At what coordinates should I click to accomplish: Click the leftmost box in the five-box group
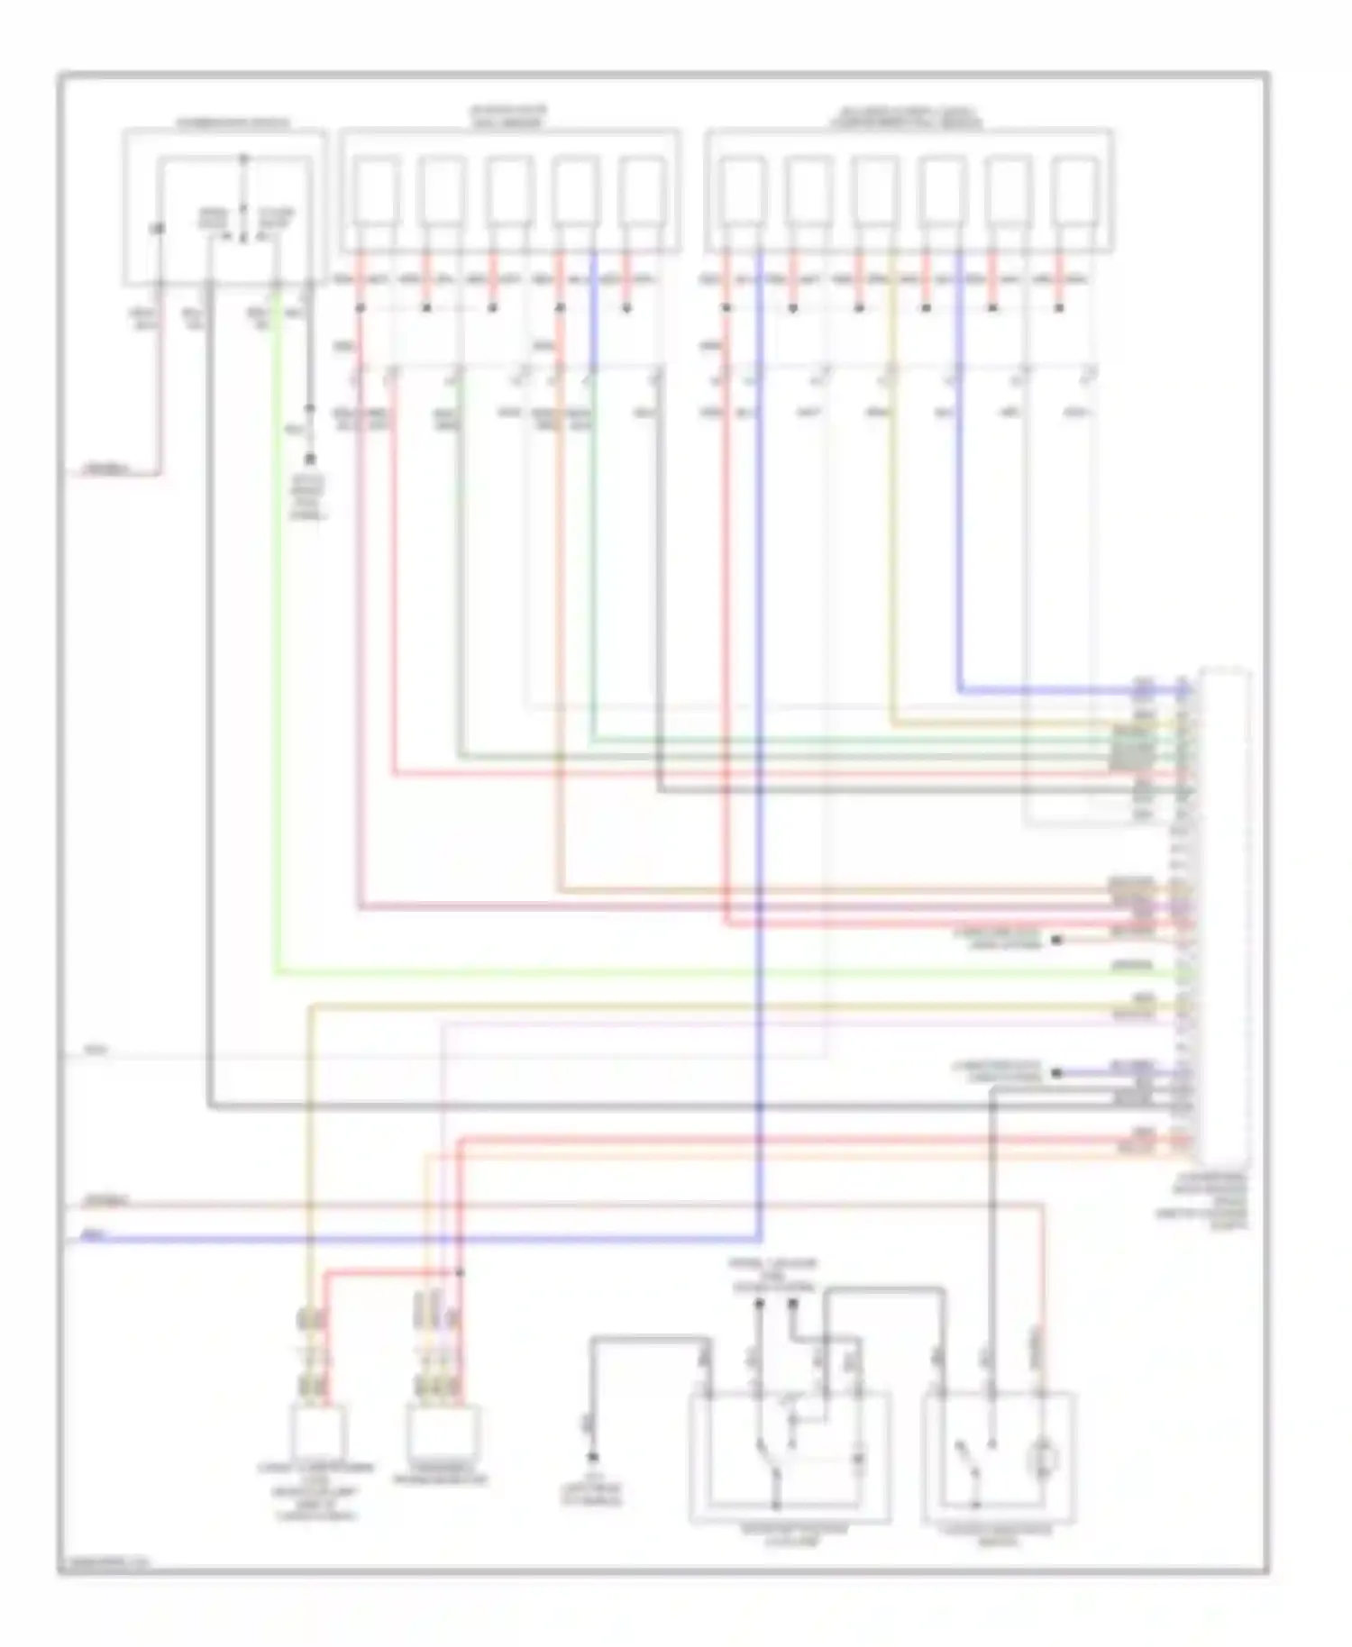coord(376,191)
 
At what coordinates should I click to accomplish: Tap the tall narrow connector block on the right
coord(1224,917)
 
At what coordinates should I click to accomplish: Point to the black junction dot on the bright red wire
coord(460,1273)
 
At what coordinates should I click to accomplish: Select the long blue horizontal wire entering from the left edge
coord(415,1240)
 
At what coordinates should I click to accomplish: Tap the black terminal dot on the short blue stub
coord(1056,1073)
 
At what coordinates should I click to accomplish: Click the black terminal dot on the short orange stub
coord(1056,940)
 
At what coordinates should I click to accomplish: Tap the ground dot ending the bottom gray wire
coord(592,1457)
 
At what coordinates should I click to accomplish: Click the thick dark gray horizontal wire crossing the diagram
coord(631,1106)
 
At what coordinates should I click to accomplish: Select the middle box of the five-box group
coord(509,191)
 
